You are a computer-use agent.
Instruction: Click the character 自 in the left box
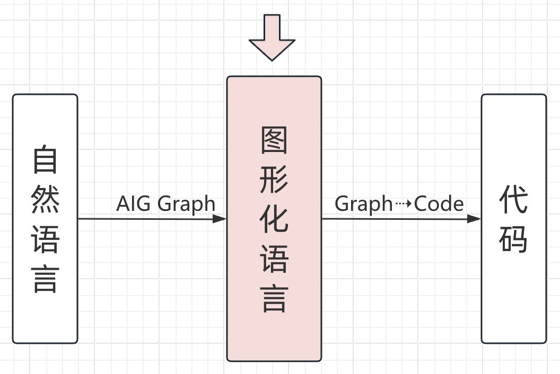(45, 159)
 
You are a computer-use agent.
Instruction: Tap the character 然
(45, 199)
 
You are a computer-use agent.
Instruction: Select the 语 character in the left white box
(45, 239)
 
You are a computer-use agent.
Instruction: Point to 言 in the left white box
(45, 279)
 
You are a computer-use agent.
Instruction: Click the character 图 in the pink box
(274, 140)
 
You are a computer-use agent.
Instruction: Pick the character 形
(274, 180)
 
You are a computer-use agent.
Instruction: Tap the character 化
(274, 219)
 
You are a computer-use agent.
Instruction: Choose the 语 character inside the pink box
(274, 260)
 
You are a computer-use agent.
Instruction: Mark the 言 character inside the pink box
(274, 298)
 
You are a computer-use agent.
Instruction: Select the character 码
(513, 239)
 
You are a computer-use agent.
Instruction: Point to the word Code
(439, 203)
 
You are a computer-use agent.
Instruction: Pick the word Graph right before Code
(363, 204)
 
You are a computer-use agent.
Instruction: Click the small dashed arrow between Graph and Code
(403, 204)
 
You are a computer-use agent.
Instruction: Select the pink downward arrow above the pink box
(272, 37)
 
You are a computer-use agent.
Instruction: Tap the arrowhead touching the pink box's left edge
(220, 218)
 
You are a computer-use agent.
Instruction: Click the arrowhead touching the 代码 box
(474, 218)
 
